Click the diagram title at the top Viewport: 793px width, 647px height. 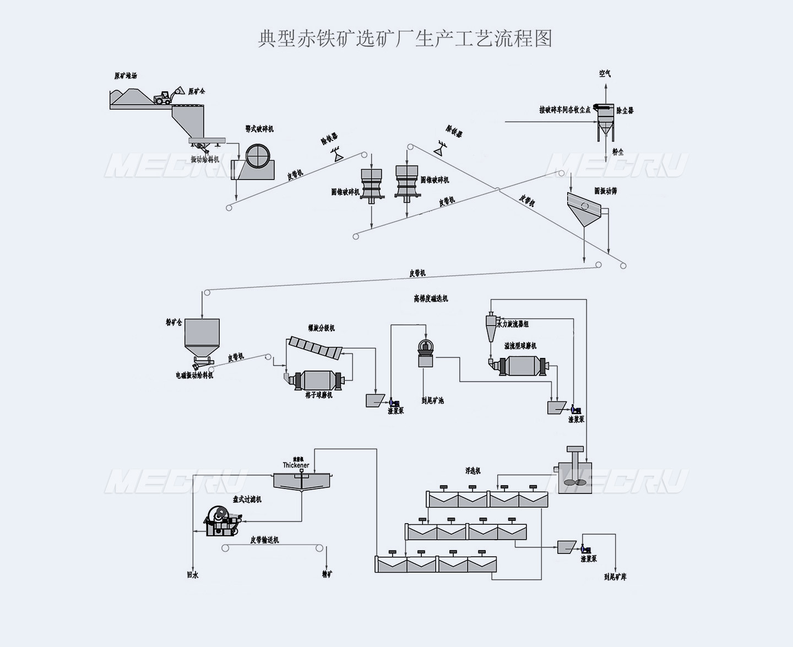(x=405, y=39)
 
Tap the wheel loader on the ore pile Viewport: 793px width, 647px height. (x=164, y=97)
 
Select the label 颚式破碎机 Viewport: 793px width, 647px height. (x=259, y=129)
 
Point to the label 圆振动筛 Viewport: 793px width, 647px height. (x=605, y=191)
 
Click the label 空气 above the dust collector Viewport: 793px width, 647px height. (x=605, y=74)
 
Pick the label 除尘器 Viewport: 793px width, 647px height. (x=625, y=111)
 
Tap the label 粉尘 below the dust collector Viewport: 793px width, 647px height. (x=617, y=152)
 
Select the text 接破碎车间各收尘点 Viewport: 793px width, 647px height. (x=564, y=110)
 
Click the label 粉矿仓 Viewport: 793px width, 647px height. (x=173, y=323)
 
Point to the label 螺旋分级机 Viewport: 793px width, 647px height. (x=321, y=328)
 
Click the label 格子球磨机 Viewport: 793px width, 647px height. (x=319, y=395)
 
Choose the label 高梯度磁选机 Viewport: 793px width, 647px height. (x=431, y=298)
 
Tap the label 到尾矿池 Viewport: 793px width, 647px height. (x=432, y=401)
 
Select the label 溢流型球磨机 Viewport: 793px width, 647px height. (x=520, y=346)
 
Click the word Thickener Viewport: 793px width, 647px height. (x=296, y=465)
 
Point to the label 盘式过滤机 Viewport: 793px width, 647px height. (x=247, y=499)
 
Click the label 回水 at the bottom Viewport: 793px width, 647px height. (x=192, y=575)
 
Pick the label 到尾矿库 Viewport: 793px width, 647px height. (x=615, y=577)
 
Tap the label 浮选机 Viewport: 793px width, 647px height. (x=472, y=471)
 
